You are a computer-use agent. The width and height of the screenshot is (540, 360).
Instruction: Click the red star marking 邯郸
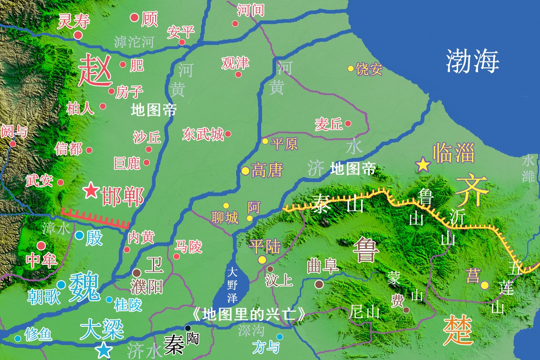pos(91,190)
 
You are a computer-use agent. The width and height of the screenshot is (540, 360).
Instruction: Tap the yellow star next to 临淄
pos(423,164)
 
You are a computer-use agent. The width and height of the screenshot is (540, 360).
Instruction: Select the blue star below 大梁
pos(104,350)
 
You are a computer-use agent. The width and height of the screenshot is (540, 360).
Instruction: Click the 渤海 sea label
pos(473,61)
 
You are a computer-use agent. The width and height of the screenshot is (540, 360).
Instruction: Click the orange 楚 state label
pos(459,330)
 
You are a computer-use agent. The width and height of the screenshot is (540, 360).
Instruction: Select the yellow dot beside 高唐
pos(245,171)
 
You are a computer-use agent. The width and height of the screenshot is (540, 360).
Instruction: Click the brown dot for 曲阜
pos(319,284)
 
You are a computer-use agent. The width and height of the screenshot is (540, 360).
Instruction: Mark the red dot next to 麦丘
pos(348,123)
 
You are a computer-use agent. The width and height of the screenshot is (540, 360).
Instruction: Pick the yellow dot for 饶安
pos(351,69)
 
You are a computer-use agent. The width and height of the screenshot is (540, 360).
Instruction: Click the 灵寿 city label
pos(73,21)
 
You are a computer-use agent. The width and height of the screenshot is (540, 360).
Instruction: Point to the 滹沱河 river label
pos(134,42)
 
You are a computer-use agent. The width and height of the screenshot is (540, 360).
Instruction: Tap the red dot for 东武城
pos(228,134)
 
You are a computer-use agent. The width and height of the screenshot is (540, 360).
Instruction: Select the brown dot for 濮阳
pos(136,273)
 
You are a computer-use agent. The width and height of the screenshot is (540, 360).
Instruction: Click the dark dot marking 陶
pos(187,328)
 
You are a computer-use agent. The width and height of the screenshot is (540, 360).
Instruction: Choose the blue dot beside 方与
pos(280,337)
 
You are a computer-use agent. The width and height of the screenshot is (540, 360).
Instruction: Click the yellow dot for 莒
pos(485,285)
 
